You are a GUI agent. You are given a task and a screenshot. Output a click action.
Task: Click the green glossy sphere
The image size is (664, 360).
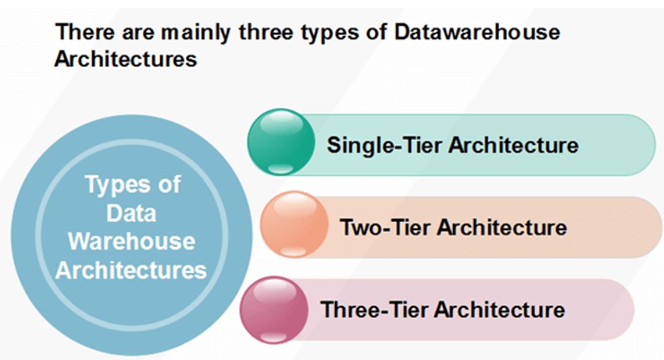(281, 141)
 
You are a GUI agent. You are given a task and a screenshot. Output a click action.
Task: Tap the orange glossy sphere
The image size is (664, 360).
(294, 224)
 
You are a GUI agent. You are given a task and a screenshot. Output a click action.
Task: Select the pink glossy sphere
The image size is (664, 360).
(274, 310)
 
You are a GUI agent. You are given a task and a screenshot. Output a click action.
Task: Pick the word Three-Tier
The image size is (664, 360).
(375, 309)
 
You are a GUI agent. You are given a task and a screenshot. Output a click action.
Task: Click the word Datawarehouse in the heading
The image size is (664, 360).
(477, 32)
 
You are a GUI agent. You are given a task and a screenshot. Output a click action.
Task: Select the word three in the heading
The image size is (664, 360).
(265, 32)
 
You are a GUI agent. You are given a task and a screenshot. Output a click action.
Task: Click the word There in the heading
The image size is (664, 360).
(85, 32)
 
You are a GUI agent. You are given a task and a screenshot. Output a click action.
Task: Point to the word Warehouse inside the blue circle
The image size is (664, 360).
(131, 241)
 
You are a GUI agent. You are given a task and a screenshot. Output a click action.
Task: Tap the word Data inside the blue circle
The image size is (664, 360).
(131, 213)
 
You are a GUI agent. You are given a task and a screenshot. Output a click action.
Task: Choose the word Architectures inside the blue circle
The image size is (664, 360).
(131, 270)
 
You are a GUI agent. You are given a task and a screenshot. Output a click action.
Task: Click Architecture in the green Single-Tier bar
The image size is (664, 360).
(513, 146)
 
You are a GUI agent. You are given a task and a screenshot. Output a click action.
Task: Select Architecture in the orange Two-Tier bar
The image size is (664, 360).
(502, 227)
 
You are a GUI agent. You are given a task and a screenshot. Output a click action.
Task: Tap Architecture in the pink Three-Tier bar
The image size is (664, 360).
(500, 309)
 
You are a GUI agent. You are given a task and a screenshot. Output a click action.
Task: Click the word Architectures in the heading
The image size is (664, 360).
(126, 59)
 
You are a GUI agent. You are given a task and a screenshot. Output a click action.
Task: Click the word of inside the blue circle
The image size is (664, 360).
(169, 185)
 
